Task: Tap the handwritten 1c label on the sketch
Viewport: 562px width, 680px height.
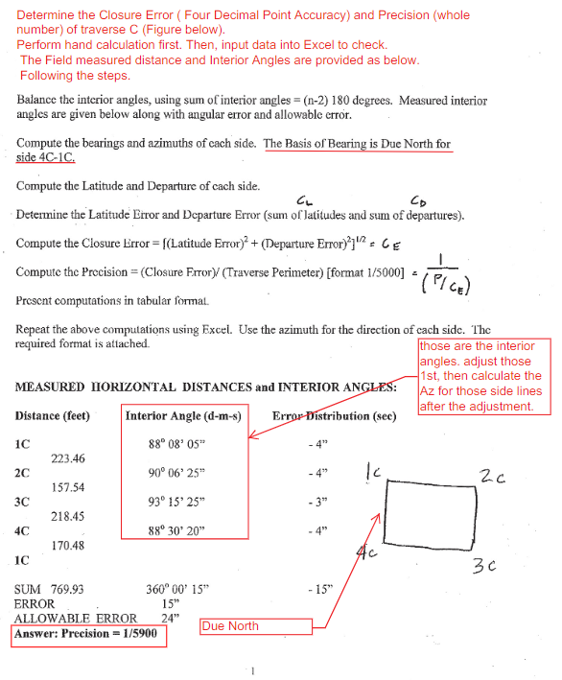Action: [x=374, y=471]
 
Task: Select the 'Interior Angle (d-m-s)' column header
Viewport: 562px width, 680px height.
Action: [x=183, y=416]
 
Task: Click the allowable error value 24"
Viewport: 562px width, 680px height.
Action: [x=173, y=619]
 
